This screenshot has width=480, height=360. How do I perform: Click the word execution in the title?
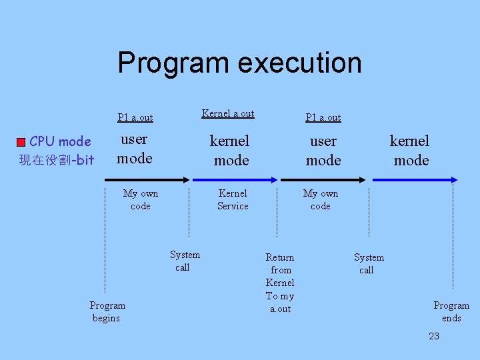coord(299,63)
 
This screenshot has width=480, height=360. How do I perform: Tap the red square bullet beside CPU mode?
coord(22,142)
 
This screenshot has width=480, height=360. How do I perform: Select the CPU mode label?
coord(61,141)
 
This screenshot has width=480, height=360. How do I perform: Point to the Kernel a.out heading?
coord(228,113)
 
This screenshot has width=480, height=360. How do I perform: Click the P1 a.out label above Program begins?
coord(135,117)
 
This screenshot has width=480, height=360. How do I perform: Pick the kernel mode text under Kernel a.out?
coord(230,150)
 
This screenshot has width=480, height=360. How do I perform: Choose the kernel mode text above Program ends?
coord(410,150)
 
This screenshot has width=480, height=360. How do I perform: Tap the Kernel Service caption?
coord(233,199)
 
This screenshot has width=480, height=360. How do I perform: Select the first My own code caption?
coord(141,199)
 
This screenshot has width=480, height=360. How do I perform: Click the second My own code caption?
coord(321,199)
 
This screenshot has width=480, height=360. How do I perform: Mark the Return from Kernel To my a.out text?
coord(280,283)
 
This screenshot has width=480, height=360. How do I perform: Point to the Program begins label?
coord(107,311)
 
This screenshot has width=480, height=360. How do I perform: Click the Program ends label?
coord(451,311)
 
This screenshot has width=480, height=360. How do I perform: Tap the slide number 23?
coord(434,336)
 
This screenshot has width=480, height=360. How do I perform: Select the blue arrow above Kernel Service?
coord(235,179)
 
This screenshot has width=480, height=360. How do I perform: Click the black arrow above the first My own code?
coord(147,179)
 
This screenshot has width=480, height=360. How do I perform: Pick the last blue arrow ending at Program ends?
coord(414,179)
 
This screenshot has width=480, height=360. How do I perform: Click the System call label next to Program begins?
coord(184,261)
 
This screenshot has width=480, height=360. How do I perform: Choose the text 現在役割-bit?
coord(57,160)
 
